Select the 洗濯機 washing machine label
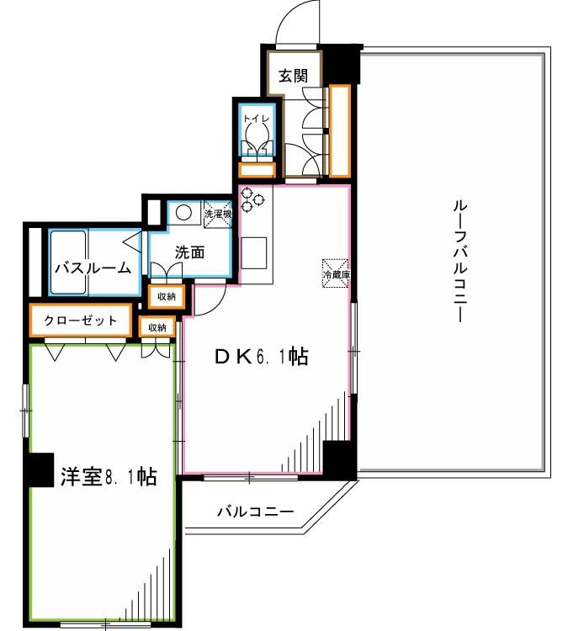tap(217, 214)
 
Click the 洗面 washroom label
tap(190, 251)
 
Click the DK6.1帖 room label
tap(260, 357)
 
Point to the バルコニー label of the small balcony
tap(255, 511)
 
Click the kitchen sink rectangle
tap(255, 252)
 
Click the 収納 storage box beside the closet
tap(157, 326)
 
